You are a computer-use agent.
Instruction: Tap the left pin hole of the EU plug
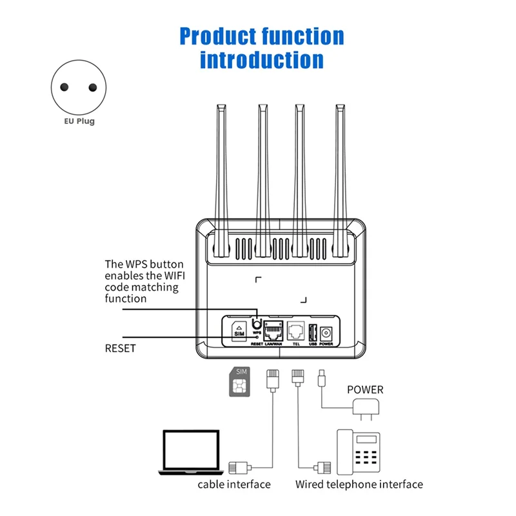pos(64,88)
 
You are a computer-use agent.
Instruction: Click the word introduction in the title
pos(261,59)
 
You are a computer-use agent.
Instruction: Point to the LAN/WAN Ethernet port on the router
pos(274,331)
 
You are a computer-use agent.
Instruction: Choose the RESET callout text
pos(121,348)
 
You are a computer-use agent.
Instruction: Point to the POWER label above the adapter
pos(365,390)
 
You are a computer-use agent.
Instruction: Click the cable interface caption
pos(234,484)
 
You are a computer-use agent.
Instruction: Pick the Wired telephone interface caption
pos(359,484)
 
